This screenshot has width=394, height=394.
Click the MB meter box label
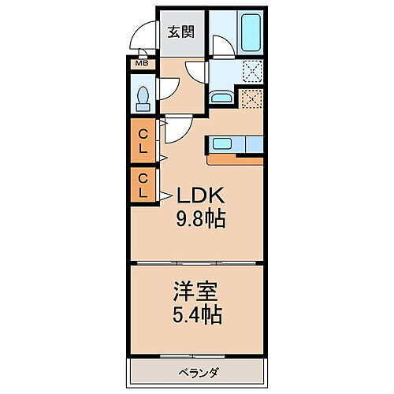click(143, 63)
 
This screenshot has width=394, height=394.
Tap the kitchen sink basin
click(221, 144)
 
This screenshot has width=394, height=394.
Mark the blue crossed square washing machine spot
click(252, 72)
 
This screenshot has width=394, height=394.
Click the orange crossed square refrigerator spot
click(252, 99)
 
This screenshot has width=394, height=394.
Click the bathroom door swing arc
click(221, 43)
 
